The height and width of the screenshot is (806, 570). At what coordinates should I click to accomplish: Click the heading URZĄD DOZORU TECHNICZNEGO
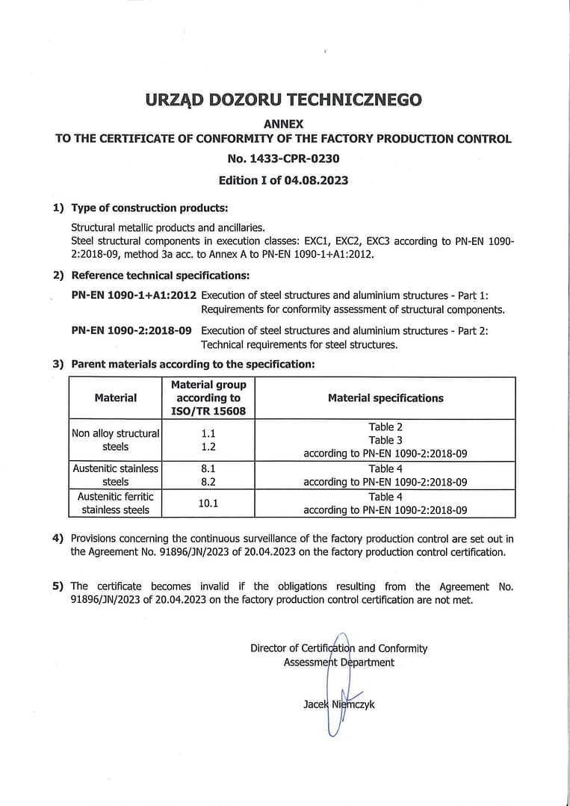pyautogui.click(x=284, y=99)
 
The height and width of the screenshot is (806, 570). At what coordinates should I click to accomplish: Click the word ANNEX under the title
pyautogui.click(x=284, y=124)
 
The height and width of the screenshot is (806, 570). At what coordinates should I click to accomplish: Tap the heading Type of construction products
pyautogui.click(x=149, y=208)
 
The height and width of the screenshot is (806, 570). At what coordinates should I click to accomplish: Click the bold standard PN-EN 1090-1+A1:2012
pyautogui.click(x=134, y=295)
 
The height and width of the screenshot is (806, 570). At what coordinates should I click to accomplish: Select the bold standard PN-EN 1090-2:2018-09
pyautogui.click(x=131, y=330)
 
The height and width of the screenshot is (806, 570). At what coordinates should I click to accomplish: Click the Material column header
pyautogui.click(x=116, y=398)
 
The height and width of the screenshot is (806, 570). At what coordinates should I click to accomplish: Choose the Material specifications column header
pyautogui.click(x=385, y=398)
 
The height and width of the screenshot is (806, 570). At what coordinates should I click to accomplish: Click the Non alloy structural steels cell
pyautogui.click(x=116, y=440)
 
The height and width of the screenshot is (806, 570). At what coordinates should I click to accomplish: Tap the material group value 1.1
pyautogui.click(x=208, y=433)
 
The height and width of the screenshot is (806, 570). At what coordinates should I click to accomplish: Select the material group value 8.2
pyautogui.click(x=208, y=482)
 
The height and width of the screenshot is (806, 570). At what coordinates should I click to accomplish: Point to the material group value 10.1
pyautogui.click(x=208, y=503)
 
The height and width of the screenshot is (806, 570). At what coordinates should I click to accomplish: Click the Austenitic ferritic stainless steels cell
pyautogui.click(x=116, y=503)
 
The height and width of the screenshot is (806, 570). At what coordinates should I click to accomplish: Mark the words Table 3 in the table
pyautogui.click(x=385, y=440)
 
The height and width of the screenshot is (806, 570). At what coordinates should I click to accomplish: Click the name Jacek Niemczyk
pyautogui.click(x=339, y=704)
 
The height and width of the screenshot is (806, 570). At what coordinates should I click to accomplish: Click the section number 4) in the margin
pyautogui.click(x=58, y=539)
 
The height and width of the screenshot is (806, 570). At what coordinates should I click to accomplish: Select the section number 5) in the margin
pyautogui.click(x=58, y=586)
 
